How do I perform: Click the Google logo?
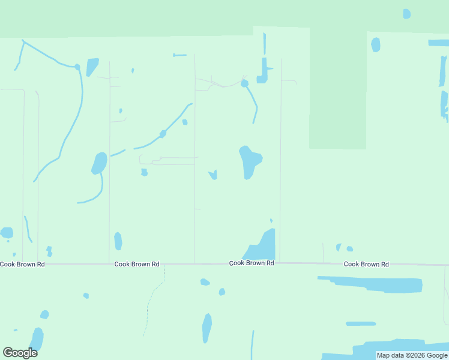[20, 353]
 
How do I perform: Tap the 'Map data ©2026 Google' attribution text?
[412, 355]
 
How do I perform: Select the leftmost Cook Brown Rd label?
[22, 264]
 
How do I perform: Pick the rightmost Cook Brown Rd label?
[366, 264]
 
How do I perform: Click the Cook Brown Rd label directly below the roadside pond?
[252, 263]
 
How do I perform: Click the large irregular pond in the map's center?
[250, 161]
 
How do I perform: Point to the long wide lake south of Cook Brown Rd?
[372, 284]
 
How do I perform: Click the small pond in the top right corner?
[406, 13]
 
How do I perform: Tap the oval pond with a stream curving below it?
[99, 163]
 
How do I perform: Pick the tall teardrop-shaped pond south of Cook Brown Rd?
[206, 328]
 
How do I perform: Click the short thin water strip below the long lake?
[361, 323]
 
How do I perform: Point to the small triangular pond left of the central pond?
[212, 175]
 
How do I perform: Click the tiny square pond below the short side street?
[144, 173]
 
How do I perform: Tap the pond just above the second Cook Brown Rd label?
[118, 241]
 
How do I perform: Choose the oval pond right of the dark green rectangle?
[376, 44]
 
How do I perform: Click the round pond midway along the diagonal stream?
[163, 134]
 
